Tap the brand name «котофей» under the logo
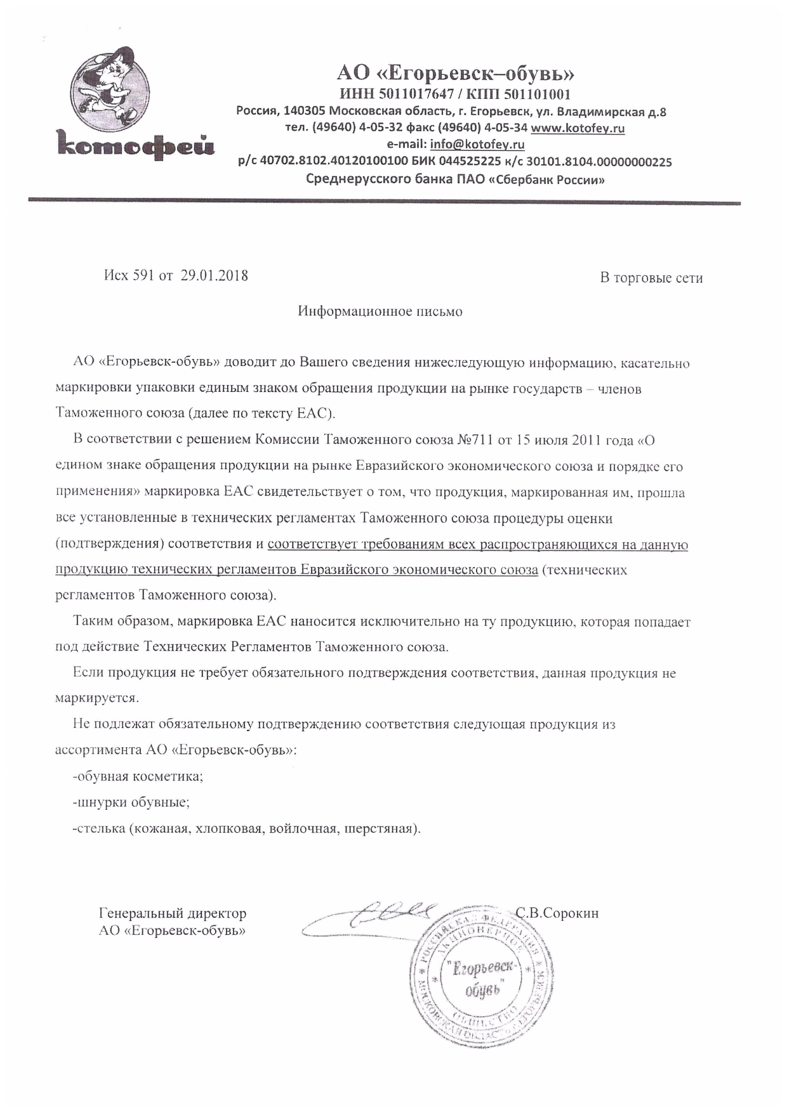point(135,143)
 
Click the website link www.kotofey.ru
point(578,128)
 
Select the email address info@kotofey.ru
point(477,145)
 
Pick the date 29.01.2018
point(214,276)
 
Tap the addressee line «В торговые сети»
point(651,278)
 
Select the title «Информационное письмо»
point(380,311)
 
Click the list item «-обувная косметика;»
point(138,776)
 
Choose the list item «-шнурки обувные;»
point(131,802)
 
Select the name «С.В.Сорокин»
point(557,913)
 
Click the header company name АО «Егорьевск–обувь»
point(455,74)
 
